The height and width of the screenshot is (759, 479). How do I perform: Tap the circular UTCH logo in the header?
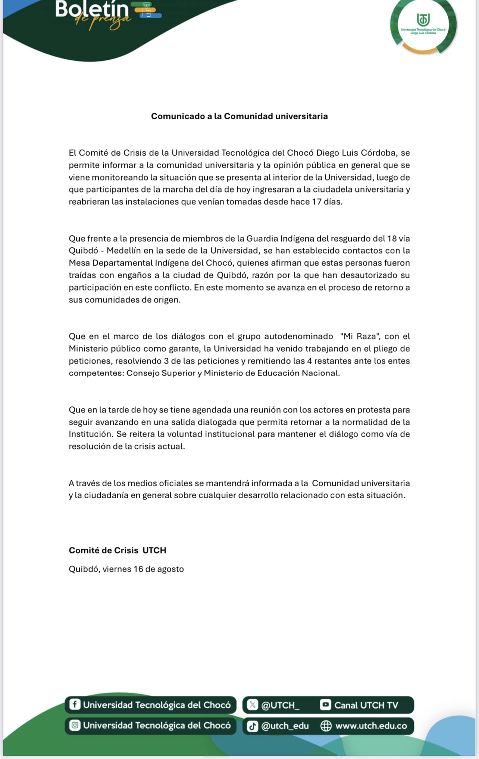(423, 25)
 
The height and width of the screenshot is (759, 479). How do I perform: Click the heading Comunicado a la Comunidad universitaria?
(239, 116)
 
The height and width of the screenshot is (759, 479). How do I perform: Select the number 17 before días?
(317, 202)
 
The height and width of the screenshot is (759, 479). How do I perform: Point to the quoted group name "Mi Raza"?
(360, 336)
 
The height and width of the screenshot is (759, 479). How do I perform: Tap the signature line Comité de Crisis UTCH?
(117, 551)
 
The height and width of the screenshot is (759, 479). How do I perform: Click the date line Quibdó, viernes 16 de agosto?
(126, 569)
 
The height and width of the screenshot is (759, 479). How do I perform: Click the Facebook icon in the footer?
(75, 705)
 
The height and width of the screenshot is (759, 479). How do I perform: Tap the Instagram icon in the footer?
(75, 725)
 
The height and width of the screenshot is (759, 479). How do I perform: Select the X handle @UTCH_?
(280, 705)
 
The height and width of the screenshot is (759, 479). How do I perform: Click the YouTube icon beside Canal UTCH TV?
(325, 705)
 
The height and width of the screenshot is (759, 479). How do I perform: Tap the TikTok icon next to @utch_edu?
(253, 726)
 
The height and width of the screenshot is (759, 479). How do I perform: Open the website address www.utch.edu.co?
(371, 726)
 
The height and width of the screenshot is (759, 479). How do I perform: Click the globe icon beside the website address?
(326, 726)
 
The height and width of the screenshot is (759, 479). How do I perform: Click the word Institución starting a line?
(91, 434)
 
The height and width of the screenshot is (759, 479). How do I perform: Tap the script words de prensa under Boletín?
(103, 21)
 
